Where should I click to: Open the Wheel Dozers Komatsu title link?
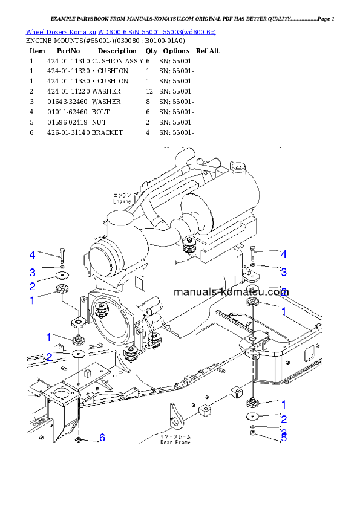click(x=120, y=31)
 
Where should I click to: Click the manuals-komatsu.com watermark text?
click(x=231, y=291)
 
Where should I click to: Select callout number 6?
click(x=102, y=437)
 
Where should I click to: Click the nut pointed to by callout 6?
click(x=79, y=438)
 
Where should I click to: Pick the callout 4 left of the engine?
click(x=33, y=254)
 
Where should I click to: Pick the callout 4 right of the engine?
click(x=283, y=254)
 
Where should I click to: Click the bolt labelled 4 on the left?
click(x=61, y=256)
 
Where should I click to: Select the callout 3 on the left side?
click(x=33, y=271)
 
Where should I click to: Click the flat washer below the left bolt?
click(x=62, y=276)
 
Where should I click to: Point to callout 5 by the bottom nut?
click(x=283, y=437)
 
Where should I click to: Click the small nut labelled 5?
click(x=253, y=433)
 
